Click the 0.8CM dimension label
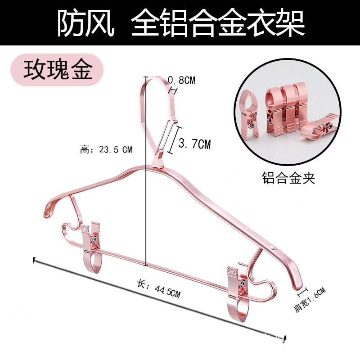(x=181, y=81)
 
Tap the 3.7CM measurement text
(x=194, y=144)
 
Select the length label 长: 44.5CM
(x=158, y=289)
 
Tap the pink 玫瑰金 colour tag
(x=58, y=70)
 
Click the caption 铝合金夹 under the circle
(x=288, y=179)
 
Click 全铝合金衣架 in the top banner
(x=218, y=23)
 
